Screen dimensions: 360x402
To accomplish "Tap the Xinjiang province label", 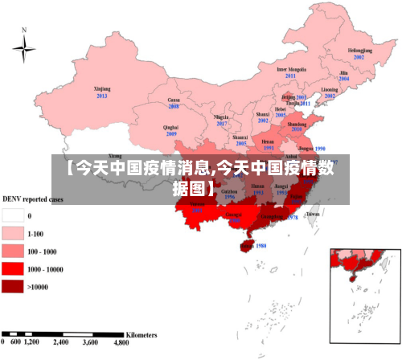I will [102, 88].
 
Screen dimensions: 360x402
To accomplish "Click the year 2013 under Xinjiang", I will [102, 96].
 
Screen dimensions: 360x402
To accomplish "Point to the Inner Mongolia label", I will [292, 69].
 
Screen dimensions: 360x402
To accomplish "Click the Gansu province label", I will [173, 99].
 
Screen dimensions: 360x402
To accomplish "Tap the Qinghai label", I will [170, 127].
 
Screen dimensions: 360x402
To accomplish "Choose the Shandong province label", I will [297, 125].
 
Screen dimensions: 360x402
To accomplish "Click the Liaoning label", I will [330, 89].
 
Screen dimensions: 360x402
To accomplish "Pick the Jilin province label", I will [343, 73].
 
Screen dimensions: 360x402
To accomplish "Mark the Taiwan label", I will [313, 215].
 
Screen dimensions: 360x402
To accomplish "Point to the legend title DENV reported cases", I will [34, 198].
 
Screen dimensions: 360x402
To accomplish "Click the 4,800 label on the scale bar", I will [122, 342].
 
